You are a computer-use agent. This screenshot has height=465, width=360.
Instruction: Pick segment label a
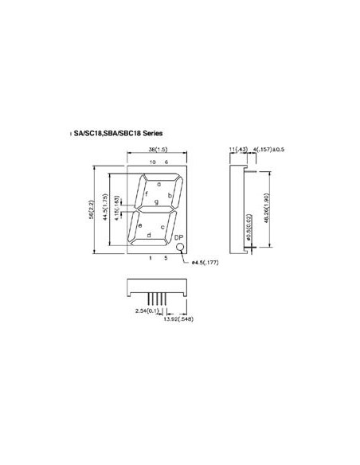[159, 185]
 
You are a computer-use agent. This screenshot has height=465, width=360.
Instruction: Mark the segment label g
[157, 202]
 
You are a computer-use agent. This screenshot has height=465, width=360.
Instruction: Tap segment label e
[140, 226]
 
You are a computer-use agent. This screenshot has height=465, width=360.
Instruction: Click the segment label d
[149, 236]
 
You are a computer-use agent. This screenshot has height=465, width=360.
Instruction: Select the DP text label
[178, 238]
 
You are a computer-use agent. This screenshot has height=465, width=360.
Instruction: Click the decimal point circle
[180, 248]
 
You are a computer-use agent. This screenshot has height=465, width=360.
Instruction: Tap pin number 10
[151, 163]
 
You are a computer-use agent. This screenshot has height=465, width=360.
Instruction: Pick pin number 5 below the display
[166, 259]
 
